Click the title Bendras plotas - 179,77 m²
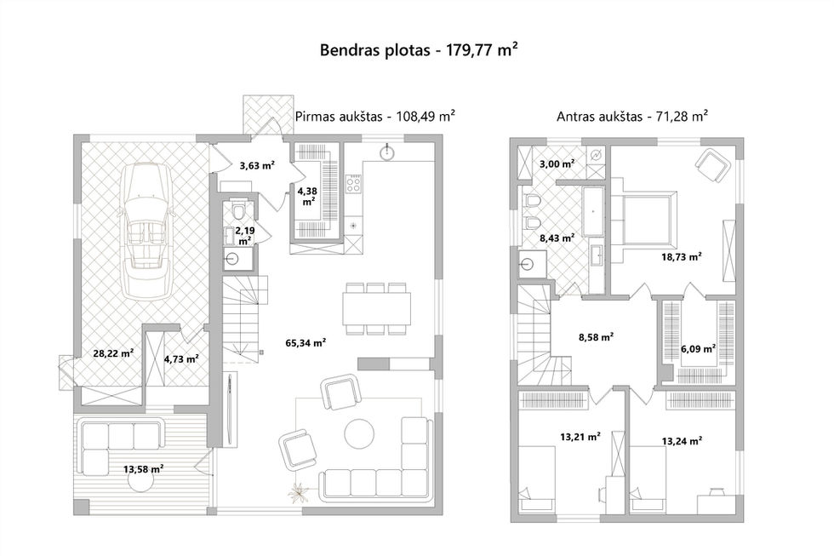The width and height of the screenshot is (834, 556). click(x=419, y=50)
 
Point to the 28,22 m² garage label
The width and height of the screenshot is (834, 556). click(x=113, y=353)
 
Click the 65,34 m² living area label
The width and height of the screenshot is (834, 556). click(x=306, y=342)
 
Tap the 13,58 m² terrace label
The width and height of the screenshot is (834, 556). click(x=143, y=469)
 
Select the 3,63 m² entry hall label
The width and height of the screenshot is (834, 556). click(x=257, y=165)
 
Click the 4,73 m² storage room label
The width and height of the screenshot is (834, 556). click(x=181, y=358)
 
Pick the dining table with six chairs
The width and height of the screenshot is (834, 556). click(x=376, y=309)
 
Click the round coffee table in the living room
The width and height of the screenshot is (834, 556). click(x=359, y=434)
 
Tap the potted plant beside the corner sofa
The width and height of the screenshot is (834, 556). click(x=300, y=492)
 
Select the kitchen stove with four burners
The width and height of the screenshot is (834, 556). click(x=354, y=184)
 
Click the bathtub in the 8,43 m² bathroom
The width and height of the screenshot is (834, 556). click(x=593, y=212)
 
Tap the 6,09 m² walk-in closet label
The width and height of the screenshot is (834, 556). click(x=698, y=349)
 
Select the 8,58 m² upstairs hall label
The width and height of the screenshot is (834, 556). click(x=597, y=337)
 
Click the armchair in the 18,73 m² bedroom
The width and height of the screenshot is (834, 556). click(x=711, y=163)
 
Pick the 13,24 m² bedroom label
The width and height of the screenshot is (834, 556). click(x=682, y=440)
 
